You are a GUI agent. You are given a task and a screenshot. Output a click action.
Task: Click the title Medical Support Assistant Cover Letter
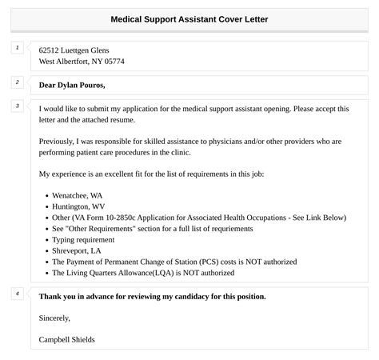click(x=189, y=18)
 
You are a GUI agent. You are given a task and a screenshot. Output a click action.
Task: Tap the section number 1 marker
click(x=17, y=48)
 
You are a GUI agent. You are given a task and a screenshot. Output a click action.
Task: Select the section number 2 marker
click(x=17, y=82)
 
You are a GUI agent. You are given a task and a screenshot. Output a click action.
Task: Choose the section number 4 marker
click(x=17, y=294)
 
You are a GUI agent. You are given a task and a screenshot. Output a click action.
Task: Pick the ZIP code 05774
click(x=113, y=61)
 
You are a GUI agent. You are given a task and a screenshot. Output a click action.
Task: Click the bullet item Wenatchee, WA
click(x=77, y=194)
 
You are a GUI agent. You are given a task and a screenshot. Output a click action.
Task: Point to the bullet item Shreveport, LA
click(x=77, y=250)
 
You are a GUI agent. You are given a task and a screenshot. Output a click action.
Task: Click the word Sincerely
click(x=55, y=318)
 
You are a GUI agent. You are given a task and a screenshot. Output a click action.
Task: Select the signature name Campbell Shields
click(x=66, y=339)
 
